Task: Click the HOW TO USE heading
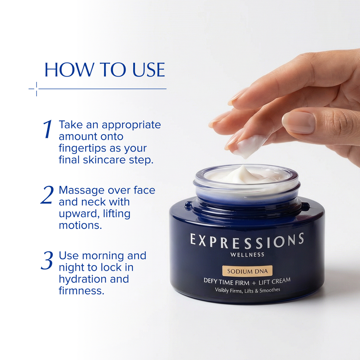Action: coord(104,70)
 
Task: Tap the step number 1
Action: coord(47,129)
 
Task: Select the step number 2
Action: coord(47,195)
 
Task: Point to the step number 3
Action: coord(47,261)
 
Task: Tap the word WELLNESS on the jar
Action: coord(247,255)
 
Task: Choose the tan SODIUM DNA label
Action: coord(247,271)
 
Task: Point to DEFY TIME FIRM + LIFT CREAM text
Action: coord(247,281)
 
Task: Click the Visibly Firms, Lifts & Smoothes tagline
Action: coord(247,290)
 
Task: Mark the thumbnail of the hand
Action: coord(298,122)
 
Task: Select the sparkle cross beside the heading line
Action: coord(36,89)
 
